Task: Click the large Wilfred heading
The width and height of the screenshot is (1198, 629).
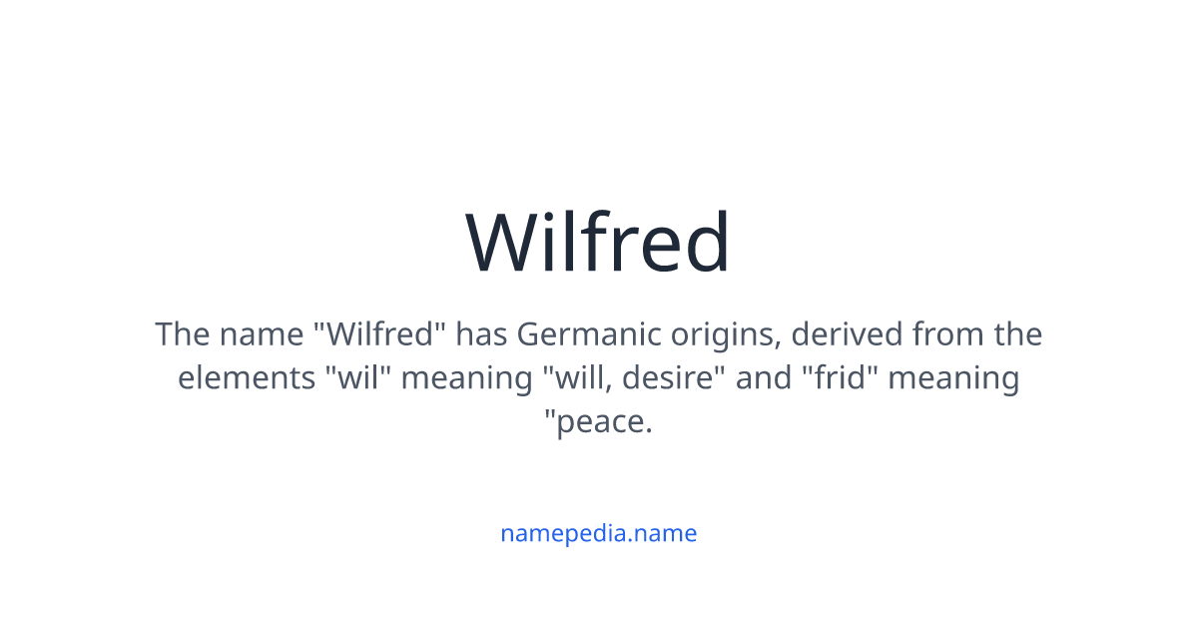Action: click(x=599, y=243)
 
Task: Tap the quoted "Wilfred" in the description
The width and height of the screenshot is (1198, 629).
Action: click(x=379, y=333)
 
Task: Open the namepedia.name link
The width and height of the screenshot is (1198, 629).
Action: click(x=599, y=533)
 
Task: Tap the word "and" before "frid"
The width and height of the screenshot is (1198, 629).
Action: click(x=756, y=378)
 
